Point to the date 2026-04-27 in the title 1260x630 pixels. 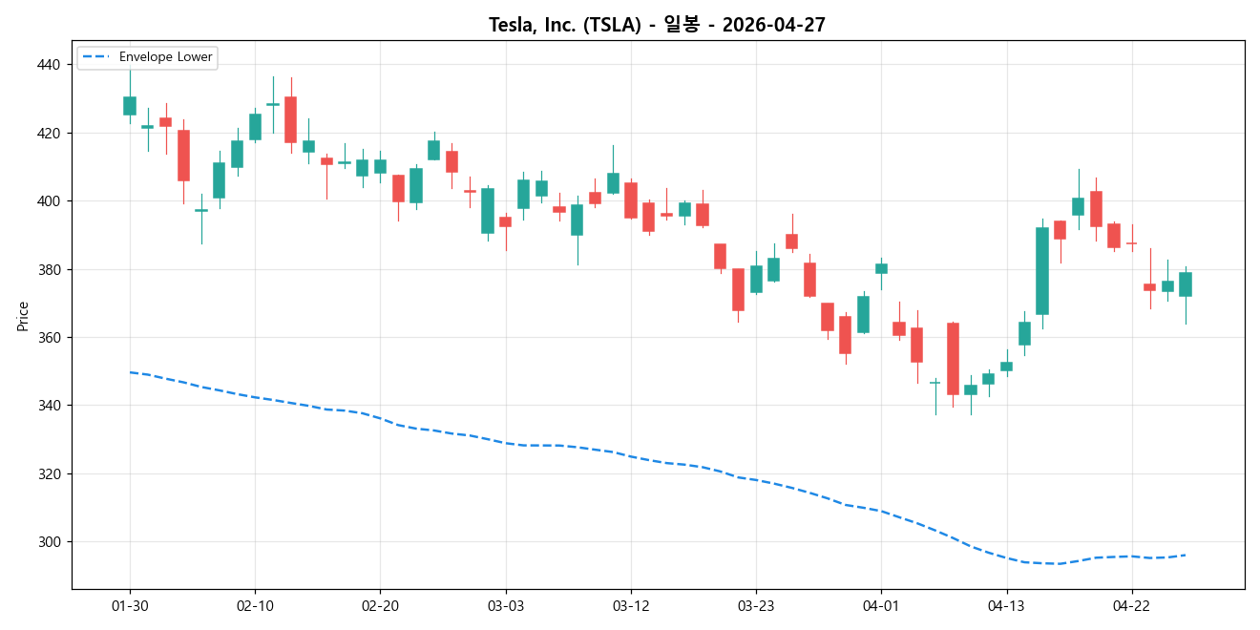point(773,25)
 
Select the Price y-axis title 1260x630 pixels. point(23,315)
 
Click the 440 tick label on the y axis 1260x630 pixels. point(48,65)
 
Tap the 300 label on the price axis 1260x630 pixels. point(48,542)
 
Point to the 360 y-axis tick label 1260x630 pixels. point(48,338)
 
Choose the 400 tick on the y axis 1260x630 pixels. point(48,201)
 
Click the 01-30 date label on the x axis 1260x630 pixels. point(130,606)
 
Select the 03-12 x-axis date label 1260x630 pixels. point(631,606)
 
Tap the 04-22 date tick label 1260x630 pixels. point(1132,606)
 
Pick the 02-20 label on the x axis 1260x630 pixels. point(380,606)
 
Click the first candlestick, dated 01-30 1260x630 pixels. point(130,106)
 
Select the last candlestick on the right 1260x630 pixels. point(1186,284)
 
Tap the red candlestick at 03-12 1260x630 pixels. point(631,200)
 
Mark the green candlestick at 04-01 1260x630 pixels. point(881,269)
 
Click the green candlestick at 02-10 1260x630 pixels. point(255,127)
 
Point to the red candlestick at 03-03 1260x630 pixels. point(506,221)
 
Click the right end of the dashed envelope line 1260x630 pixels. point(1185,556)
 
